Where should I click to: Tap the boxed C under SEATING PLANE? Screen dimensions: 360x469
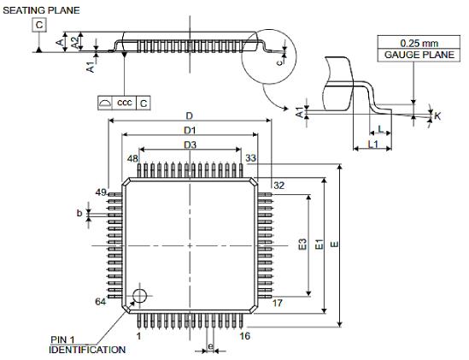click(x=39, y=26)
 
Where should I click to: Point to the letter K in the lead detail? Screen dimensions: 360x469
click(x=437, y=115)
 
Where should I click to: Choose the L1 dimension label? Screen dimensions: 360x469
click(x=372, y=145)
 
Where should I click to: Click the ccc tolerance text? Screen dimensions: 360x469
click(x=125, y=103)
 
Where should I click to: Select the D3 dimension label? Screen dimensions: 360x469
click(x=189, y=145)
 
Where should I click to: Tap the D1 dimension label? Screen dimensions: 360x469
click(x=189, y=130)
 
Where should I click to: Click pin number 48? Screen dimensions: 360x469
click(x=132, y=159)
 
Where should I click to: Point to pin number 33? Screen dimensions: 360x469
click(x=251, y=159)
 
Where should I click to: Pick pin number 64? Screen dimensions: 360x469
click(x=100, y=301)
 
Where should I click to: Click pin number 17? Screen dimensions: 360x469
click(x=278, y=303)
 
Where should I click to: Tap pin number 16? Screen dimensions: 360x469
click(x=245, y=336)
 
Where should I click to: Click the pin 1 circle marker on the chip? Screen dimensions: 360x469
click(x=139, y=296)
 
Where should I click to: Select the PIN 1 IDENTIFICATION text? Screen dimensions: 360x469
click(x=86, y=345)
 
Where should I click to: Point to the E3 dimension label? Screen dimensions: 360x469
click(x=302, y=245)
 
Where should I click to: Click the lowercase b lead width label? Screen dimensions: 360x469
click(x=79, y=213)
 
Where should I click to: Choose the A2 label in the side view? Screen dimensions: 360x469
click(x=74, y=41)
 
